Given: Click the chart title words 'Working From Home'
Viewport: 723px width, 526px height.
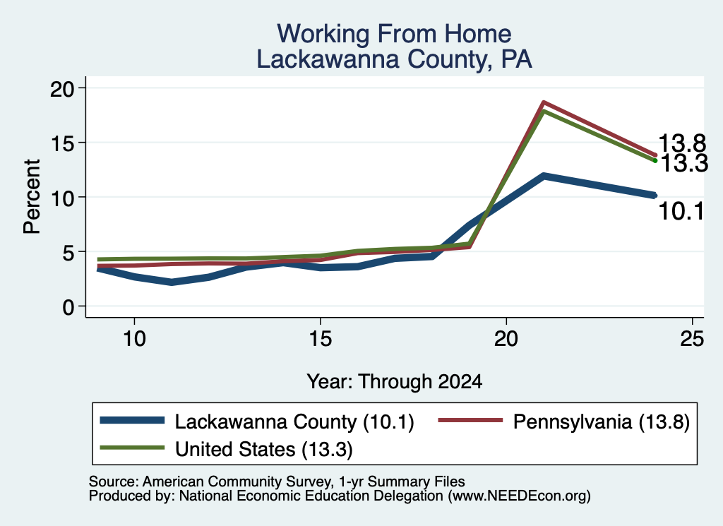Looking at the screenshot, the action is click(x=394, y=34).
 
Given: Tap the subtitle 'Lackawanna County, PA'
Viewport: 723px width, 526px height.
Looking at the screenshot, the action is click(x=394, y=59).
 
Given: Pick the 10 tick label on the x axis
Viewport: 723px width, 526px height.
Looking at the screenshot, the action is click(x=134, y=340).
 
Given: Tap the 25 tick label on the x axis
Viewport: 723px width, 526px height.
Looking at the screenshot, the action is click(x=692, y=340).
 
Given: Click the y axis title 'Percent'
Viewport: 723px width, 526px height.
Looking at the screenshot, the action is click(x=32, y=197).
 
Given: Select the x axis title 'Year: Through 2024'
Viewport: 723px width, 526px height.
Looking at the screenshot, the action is click(x=394, y=382).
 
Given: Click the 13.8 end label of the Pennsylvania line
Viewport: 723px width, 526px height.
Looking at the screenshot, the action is click(x=682, y=143).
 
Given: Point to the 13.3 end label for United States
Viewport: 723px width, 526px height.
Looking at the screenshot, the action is click(x=684, y=163).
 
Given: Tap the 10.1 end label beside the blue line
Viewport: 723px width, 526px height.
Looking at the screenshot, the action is click(x=681, y=212).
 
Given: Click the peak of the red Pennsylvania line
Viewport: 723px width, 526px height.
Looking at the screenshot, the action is click(x=544, y=102).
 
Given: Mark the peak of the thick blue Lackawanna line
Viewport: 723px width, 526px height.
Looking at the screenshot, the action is click(x=544, y=176).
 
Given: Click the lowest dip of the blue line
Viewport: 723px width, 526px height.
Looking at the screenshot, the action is click(x=172, y=282).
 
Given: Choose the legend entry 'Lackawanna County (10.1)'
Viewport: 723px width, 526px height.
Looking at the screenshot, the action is click(x=257, y=422).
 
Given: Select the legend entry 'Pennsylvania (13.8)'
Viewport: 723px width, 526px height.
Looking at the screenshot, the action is click(x=563, y=422).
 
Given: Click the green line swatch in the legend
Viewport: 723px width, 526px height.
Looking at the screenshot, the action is click(x=132, y=448).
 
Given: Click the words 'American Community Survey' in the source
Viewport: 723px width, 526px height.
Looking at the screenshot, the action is click(x=237, y=482).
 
